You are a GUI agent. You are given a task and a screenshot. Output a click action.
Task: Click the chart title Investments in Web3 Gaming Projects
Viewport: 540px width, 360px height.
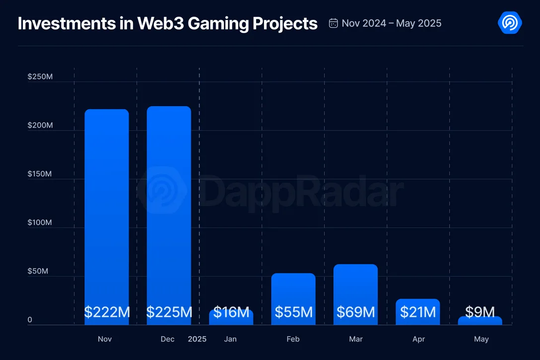pos(167,23)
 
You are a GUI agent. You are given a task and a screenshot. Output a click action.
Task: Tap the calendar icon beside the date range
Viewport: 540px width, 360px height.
pos(334,23)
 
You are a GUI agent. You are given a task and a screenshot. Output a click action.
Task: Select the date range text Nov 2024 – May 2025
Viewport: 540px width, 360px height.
pos(392,23)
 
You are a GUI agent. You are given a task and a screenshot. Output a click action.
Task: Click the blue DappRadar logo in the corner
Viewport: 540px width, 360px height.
pos(509,23)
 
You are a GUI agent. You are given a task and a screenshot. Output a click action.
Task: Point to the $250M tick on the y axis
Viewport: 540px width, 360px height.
pos(40,77)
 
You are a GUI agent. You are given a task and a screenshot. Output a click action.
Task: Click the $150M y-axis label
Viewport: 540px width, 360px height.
pos(40,174)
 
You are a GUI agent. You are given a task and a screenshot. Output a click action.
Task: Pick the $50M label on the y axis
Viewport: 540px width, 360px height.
pos(38,271)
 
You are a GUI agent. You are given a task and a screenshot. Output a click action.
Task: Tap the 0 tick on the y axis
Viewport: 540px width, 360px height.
pos(30,320)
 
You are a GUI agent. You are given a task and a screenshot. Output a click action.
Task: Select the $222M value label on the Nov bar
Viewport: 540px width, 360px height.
pos(107,312)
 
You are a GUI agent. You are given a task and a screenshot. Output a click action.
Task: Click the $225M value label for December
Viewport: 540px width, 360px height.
pos(169,312)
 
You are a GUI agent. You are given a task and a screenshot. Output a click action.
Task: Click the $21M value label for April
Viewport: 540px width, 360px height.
pos(418,312)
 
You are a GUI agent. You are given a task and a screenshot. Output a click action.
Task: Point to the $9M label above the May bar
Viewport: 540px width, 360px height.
pos(480,312)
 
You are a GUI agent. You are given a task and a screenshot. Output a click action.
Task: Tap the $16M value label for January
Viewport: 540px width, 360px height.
pos(231,312)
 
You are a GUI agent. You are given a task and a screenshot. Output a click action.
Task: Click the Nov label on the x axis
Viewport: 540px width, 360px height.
pos(105,339)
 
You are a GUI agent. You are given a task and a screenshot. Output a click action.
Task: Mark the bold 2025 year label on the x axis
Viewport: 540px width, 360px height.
pos(197,339)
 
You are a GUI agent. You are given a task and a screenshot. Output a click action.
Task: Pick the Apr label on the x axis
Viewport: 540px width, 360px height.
pos(418,339)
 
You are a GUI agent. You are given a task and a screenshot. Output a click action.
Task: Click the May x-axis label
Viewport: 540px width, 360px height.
pos(481,339)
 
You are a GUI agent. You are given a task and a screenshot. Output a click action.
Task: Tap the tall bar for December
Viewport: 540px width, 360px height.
pos(169,199)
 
